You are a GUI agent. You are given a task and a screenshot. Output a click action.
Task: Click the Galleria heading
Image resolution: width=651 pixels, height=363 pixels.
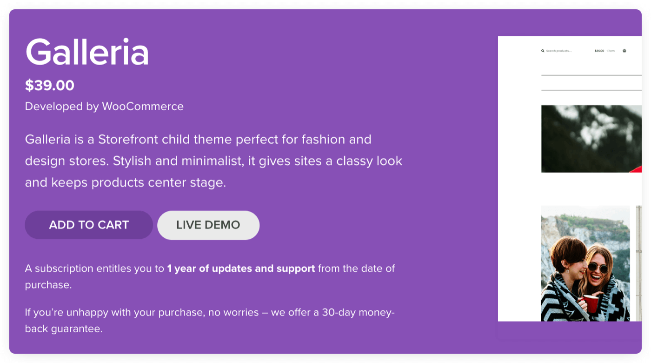click(x=87, y=52)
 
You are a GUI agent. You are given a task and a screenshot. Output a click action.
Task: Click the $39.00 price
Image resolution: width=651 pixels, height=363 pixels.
click(x=50, y=86)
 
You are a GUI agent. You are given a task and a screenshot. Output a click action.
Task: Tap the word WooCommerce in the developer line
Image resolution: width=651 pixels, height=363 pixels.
click(x=143, y=107)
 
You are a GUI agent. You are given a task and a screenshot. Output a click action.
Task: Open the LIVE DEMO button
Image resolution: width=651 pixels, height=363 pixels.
click(x=208, y=225)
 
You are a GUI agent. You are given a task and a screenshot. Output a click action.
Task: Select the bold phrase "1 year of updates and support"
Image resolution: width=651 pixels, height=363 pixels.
click(x=241, y=269)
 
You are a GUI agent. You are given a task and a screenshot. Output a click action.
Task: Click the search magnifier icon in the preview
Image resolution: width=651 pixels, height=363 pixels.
click(x=543, y=51)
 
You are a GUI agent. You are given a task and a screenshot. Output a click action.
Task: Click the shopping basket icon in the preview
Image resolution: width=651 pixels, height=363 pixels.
click(x=624, y=51)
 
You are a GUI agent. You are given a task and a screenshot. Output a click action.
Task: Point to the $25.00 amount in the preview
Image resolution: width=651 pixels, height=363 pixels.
click(x=599, y=51)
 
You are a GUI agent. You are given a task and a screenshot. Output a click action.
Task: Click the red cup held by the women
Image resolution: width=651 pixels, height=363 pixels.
click(x=591, y=303)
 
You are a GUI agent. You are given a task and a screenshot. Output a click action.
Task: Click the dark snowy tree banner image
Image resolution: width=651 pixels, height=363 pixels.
click(x=591, y=139)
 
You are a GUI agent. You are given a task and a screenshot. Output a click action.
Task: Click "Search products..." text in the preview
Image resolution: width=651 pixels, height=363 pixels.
click(x=558, y=51)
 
